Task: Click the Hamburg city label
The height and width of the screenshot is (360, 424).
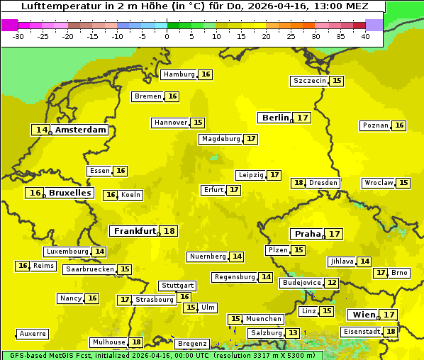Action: click(179, 74)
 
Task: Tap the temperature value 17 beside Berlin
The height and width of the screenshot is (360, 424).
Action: click(303, 118)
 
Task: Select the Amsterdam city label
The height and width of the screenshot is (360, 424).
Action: click(81, 130)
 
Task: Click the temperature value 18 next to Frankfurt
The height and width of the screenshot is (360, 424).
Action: click(169, 231)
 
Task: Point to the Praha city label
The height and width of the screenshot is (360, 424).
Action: click(308, 234)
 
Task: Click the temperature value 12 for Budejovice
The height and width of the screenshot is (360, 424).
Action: click(332, 283)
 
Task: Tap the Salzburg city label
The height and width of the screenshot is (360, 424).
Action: click(266, 333)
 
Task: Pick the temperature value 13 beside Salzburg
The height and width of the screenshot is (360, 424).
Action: click(293, 333)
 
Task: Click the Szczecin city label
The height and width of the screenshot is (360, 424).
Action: click(310, 81)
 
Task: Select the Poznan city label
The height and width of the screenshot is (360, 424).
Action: click(375, 125)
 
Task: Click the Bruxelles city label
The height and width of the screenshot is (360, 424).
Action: click(69, 193)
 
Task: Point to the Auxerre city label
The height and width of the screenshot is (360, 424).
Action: click(33, 333)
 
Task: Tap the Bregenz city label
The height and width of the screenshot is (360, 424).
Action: click(192, 344)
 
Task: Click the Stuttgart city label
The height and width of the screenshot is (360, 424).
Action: click(177, 286)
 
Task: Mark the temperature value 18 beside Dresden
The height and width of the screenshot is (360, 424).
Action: click(299, 183)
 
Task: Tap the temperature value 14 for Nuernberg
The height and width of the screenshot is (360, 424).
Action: click(237, 257)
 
